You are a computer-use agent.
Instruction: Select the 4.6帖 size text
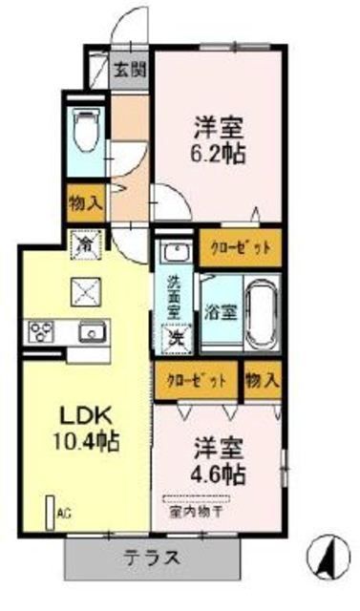(x=219, y=474)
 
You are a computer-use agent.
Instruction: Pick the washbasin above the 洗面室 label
(x=175, y=253)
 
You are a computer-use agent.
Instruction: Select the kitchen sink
(x=92, y=333)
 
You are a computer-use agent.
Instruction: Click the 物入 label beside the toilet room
(x=84, y=202)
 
